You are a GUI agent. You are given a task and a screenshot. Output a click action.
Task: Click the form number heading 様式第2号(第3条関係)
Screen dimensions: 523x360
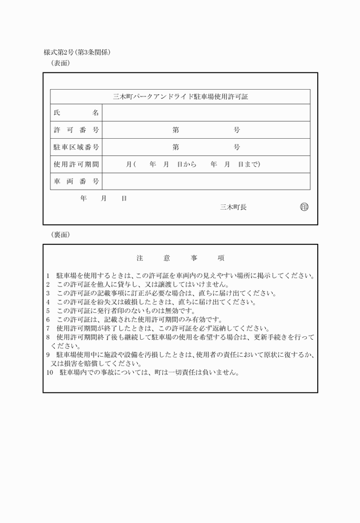click(77, 52)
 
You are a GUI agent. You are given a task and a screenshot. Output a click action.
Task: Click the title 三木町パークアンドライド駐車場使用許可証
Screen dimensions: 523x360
click(180, 96)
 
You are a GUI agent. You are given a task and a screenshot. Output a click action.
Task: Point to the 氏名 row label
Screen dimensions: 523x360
click(76, 112)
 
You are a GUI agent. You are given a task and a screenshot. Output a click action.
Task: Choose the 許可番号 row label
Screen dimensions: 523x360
click(76, 130)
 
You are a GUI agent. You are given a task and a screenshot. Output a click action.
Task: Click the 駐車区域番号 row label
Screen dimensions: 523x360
click(76, 147)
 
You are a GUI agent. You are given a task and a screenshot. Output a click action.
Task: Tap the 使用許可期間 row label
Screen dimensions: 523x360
click(76, 164)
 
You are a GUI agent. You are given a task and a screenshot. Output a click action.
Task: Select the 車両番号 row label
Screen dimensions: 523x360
click(76, 182)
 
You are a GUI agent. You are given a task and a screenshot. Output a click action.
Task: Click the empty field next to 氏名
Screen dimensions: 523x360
click(206, 112)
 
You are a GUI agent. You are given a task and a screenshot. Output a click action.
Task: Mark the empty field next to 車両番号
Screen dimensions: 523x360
click(206, 182)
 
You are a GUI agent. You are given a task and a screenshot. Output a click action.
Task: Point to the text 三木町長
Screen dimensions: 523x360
click(233, 207)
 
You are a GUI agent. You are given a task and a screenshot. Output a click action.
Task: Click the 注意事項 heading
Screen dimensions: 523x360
click(180, 258)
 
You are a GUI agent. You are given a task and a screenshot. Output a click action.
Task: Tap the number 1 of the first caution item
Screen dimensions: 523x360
click(49, 276)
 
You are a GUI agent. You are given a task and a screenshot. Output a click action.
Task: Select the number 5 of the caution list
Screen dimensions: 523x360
click(49, 311)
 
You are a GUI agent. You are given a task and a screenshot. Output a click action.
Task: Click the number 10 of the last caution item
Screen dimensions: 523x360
click(49, 373)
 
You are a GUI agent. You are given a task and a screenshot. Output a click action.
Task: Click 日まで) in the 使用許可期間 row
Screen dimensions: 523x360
click(249, 164)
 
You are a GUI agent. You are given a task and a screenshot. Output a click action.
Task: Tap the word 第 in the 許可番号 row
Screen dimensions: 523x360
click(176, 130)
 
